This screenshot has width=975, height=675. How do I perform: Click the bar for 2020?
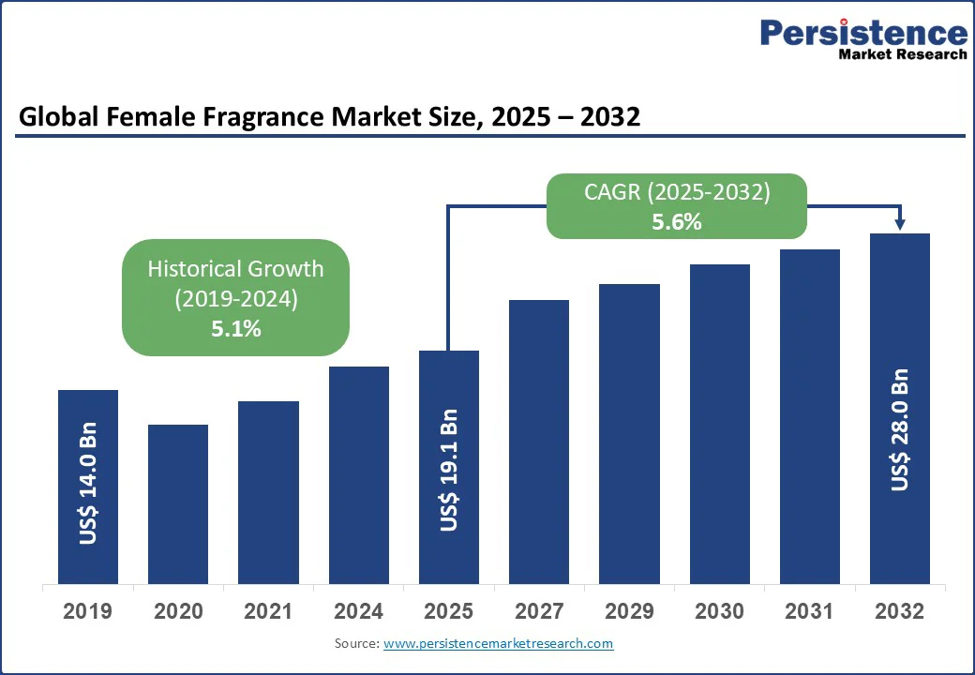click(x=178, y=503)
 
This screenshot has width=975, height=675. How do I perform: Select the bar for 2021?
click(x=268, y=492)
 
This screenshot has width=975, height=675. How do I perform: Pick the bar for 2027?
click(x=539, y=442)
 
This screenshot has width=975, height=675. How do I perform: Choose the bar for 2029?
click(x=629, y=433)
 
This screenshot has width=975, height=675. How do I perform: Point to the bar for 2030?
click(x=720, y=424)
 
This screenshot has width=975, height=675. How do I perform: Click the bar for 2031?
click(x=810, y=416)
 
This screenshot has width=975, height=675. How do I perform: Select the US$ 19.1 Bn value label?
click(x=449, y=470)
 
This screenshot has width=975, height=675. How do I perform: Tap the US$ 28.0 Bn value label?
click(x=900, y=429)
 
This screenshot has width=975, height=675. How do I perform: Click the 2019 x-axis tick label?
click(x=88, y=612)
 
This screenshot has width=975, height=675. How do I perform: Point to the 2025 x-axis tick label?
click(x=449, y=612)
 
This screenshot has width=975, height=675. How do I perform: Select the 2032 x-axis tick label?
click(x=900, y=612)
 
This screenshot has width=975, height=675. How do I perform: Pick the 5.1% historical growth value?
click(x=235, y=328)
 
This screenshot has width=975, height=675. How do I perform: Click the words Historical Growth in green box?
click(x=235, y=269)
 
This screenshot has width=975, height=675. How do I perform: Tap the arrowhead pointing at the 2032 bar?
click(x=900, y=224)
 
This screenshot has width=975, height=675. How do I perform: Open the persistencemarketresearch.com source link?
click(x=498, y=643)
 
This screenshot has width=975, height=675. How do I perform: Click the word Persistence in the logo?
click(x=863, y=33)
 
